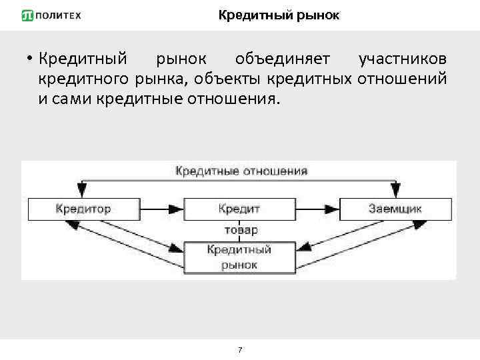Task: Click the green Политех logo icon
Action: pos(27,15)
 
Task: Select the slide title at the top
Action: pos(279,15)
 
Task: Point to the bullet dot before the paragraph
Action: pos(30,59)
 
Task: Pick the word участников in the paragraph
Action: pos(403,59)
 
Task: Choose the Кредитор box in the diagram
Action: pos(83,209)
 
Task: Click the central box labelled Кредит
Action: pos(239,209)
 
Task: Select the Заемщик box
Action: pos(395,209)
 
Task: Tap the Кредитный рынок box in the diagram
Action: pos(239,257)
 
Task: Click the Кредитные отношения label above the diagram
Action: pos(241,171)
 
